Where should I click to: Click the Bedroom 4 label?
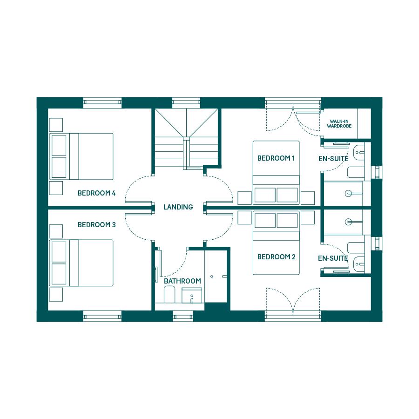tap(96, 193)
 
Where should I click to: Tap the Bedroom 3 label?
tap(96, 225)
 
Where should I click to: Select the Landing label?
tap(178, 207)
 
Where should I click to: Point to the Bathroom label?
tap(182, 281)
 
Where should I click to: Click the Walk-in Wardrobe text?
tap(339, 123)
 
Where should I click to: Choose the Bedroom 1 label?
tap(276, 158)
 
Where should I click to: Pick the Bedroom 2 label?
tap(276, 257)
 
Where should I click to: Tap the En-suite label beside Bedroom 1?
tap(333, 159)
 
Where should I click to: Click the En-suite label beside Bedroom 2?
tap(333, 258)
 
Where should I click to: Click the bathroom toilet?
tap(169, 295)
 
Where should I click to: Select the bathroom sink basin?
tap(192, 296)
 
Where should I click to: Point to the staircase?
tap(187, 139)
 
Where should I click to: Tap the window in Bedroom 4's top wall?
tap(102, 102)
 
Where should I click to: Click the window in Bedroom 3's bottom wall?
tap(102, 316)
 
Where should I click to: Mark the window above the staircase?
tap(186, 102)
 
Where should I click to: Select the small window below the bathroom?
tap(183, 316)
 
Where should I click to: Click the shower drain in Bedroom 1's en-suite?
tap(348, 194)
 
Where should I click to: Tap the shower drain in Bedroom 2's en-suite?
tap(348, 222)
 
